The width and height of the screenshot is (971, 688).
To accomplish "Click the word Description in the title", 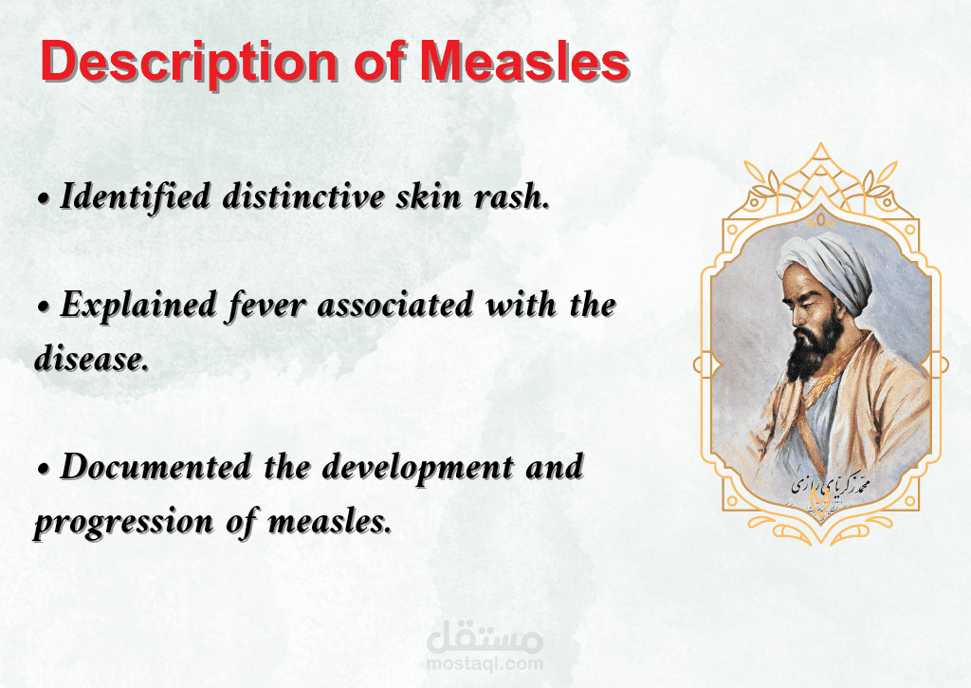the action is tap(190, 62).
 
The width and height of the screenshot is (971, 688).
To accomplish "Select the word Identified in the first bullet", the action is tap(136, 195).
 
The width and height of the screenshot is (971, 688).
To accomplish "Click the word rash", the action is tap(512, 196).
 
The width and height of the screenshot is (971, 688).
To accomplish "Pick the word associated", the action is tap(395, 305).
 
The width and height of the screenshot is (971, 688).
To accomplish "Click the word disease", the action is tap(92, 359).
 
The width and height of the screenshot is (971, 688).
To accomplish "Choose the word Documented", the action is tap(156, 466).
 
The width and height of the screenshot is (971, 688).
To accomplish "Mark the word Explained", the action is tap(138, 306).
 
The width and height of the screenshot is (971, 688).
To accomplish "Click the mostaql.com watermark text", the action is tap(485, 664).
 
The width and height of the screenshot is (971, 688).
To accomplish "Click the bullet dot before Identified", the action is tap(44, 199).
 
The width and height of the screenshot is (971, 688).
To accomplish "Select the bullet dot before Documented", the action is tap(44, 470).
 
